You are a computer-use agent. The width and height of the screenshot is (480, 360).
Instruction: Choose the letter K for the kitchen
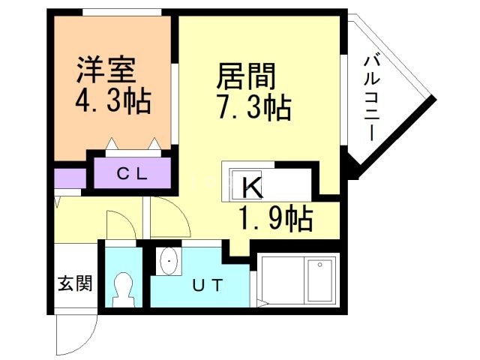pos(251,187)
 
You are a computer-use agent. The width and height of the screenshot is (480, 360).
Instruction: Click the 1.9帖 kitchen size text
pos(275,219)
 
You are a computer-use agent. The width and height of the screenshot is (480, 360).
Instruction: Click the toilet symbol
pos(122,289)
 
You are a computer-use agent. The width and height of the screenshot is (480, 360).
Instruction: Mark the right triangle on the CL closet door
pos(154,142)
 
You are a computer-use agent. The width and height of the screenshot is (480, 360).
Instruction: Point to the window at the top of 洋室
pos(121,12)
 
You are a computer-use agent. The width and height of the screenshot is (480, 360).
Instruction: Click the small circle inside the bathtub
pos(319,265)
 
